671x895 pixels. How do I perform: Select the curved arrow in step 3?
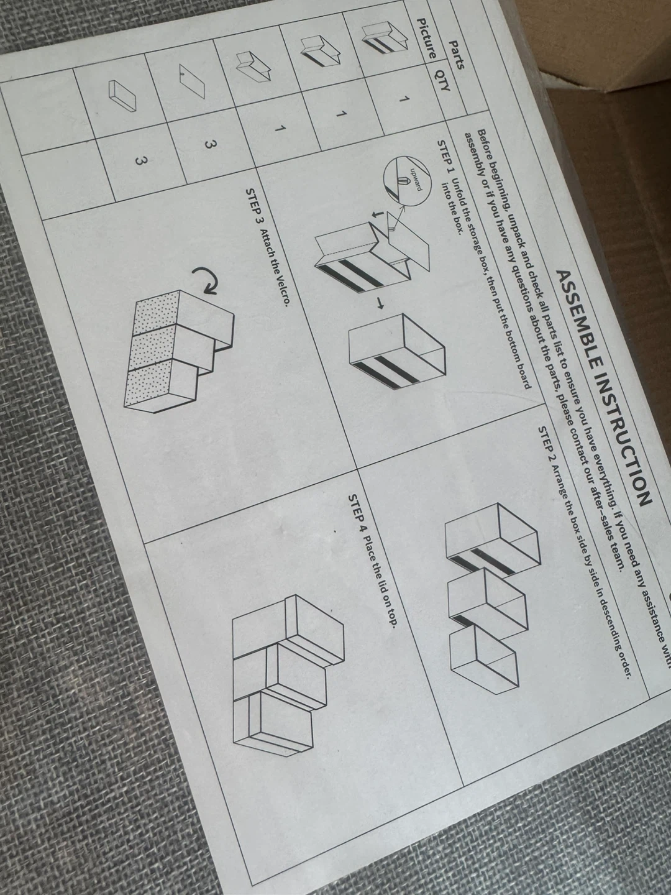click(206, 281)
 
